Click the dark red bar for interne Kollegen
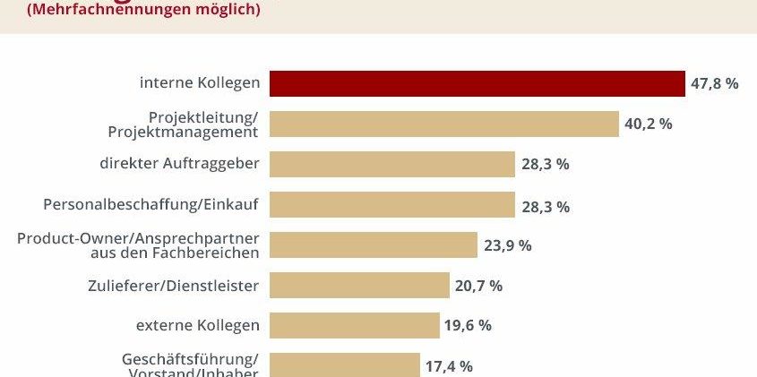click(x=477, y=83)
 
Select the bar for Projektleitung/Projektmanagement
click(x=444, y=124)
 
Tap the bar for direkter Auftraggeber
click(x=391, y=164)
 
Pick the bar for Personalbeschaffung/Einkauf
click(x=391, y=205)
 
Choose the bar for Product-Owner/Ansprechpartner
click(x=373, y=245)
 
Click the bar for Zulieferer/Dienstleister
click(x=359, y=286)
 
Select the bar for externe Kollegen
click(x=354, y=325)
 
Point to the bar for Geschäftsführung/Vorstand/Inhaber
click(x=344, y=364)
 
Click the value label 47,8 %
click(x=714, y=83)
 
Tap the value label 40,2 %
click(x=648, y=124)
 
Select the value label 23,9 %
click(x=507, y=245)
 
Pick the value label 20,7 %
click(x=478, y=286)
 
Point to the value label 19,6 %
click(x=468, y=325)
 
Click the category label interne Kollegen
click(x=200, y=83)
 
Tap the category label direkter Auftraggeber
click(x=179, y=164)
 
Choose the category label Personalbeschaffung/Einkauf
click(x=151, y=205)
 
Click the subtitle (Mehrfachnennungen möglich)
click(x=132, y=11)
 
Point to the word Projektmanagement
click(x=183, y=132)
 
